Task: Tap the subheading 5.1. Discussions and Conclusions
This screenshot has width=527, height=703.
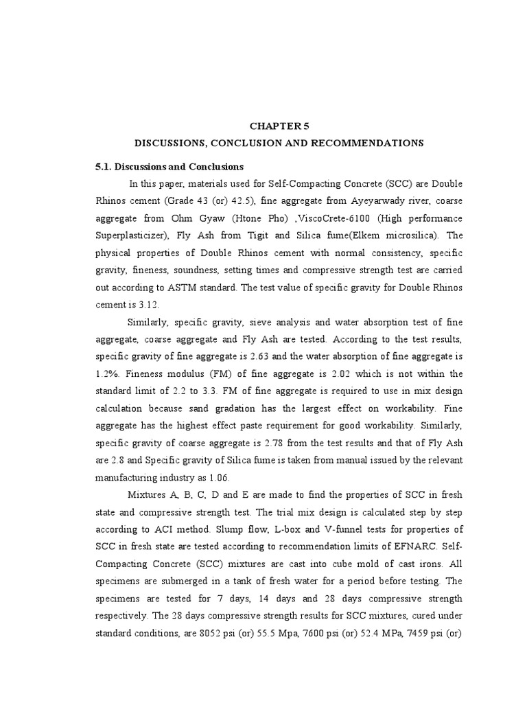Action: [169, 166]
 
